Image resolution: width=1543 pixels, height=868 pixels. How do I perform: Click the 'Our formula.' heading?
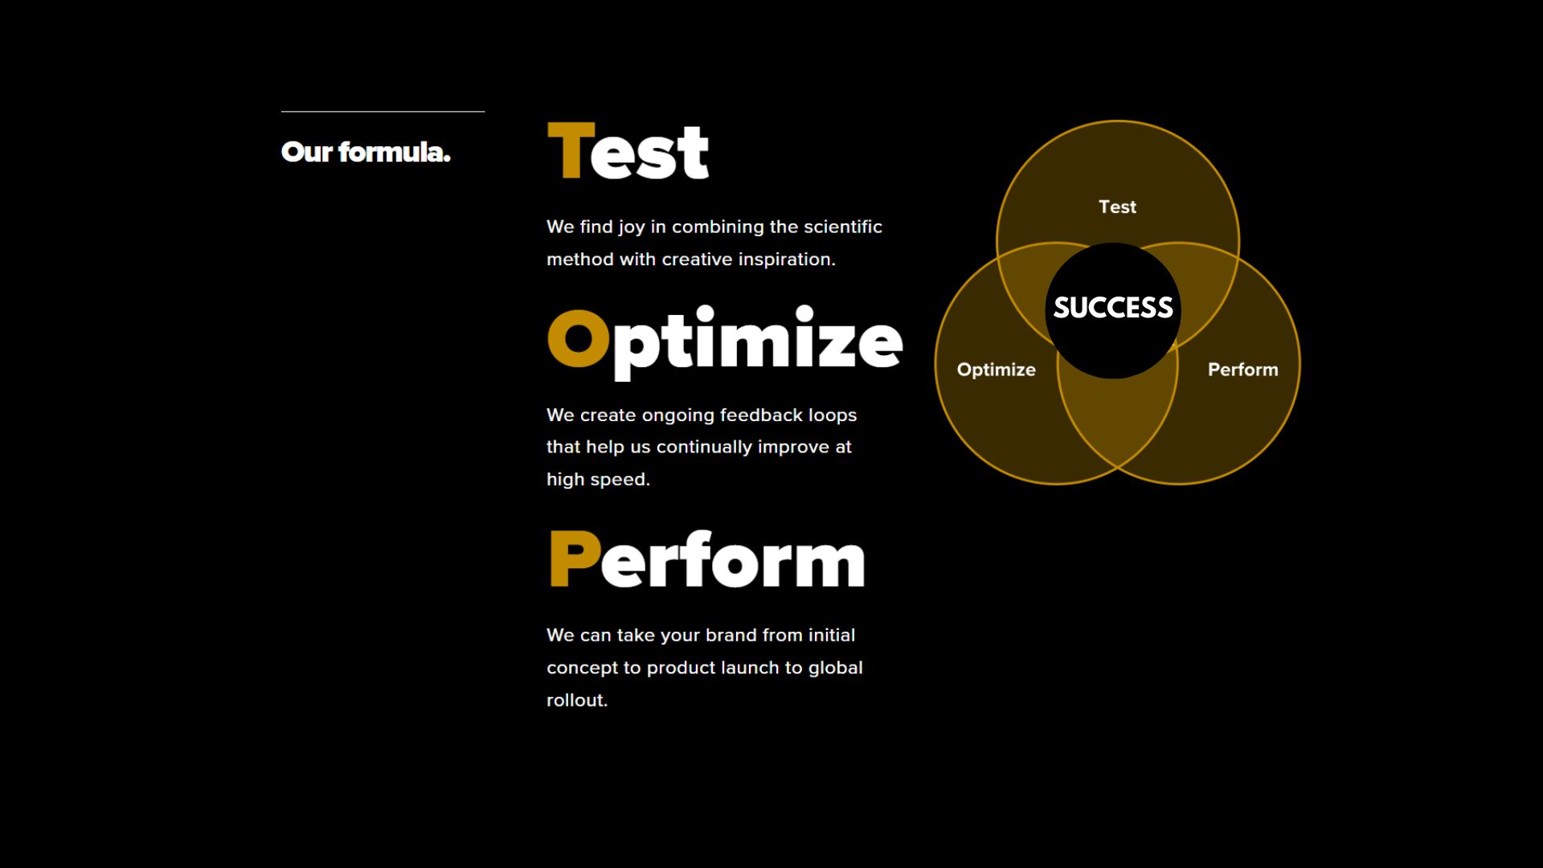click(x=366, y=152)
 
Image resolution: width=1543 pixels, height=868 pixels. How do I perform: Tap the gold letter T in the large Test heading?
click(x=571, y=150)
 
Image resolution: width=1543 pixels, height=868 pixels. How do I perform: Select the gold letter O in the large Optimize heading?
click(x=579, y=338)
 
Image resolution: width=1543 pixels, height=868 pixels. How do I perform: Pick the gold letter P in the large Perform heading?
click(x=575, y=559)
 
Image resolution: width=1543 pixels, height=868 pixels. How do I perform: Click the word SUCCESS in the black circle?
click(x=1113, y=308)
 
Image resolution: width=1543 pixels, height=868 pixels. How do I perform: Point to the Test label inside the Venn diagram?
click(x=1117, y=207)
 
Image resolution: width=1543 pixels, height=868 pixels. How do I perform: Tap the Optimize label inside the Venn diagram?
click(x=996, y=370)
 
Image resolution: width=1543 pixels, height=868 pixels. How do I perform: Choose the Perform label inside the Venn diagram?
click(x=1242, y=370)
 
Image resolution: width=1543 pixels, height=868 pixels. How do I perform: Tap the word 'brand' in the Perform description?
click(x=731, y=635)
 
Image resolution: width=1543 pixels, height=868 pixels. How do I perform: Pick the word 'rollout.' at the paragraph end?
click(x=577, y=700)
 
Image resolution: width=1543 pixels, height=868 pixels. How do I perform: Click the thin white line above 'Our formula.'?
click(x=383, y=111)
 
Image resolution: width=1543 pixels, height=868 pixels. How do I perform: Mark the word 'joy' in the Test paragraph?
click(x=632, y=227)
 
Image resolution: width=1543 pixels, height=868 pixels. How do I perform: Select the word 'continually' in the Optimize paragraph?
click(x=704, y=448)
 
